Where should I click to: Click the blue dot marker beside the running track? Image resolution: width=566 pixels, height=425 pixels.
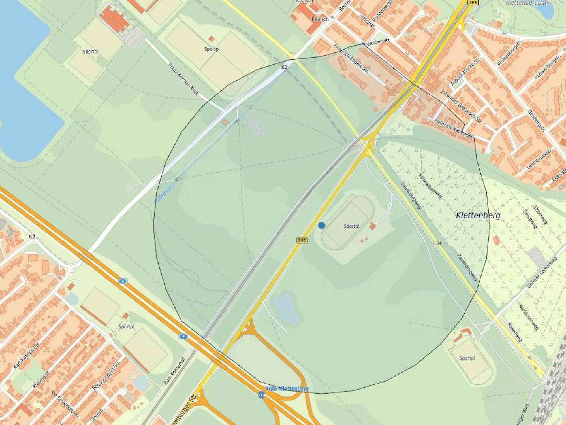tap(322, 225)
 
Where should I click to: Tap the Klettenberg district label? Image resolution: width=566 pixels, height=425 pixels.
tap(478, 215)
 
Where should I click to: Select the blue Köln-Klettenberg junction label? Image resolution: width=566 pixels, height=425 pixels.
tap(287, 388)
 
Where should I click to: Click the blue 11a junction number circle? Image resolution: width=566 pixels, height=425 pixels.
tap(261, 395)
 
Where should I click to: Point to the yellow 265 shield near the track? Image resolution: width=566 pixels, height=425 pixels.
tap(302, 240)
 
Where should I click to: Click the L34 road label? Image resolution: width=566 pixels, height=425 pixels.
tap(437, 243)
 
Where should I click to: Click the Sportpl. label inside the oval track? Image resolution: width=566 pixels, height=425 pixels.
tap(352, 226)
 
